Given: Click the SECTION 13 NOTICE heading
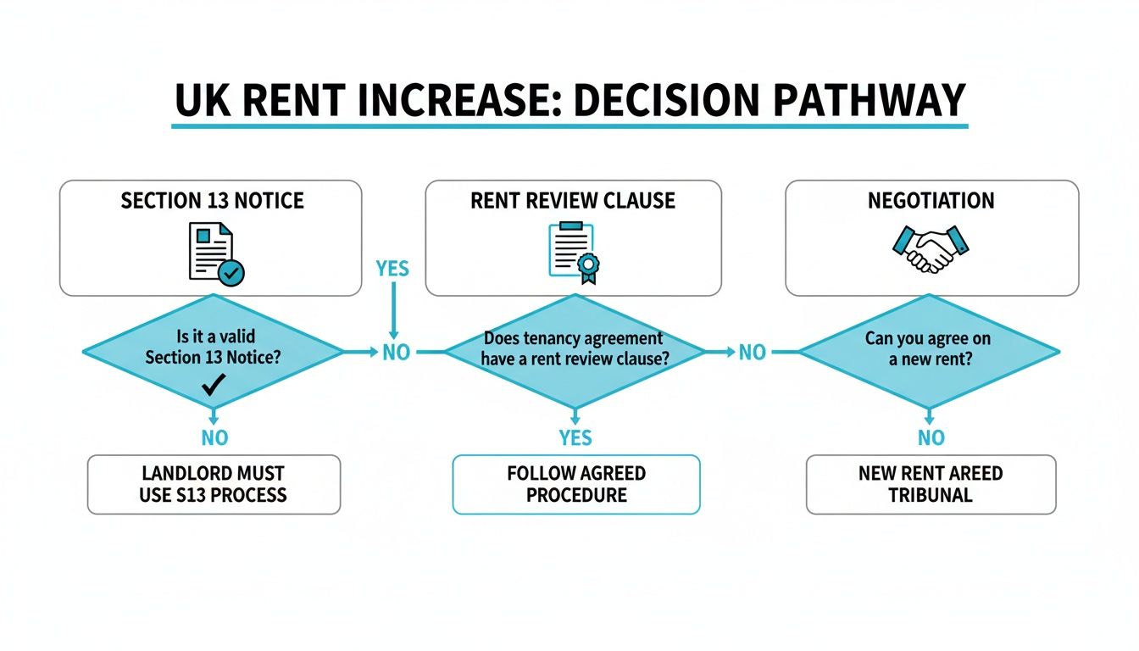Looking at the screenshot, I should [x=212, y=201].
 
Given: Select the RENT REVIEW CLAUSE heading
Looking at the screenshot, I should [x=574, y=201].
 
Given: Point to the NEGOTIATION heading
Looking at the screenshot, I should [x=931, y=201].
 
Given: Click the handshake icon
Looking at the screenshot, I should [x=931, y=248].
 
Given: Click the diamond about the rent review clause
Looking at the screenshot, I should [x=574, y=350].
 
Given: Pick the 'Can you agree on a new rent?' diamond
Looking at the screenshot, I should [x=928, y=350].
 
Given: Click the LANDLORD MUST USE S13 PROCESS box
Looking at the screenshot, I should [x=214, y=484].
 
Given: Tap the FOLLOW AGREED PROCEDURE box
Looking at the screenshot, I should [x=576, y=484].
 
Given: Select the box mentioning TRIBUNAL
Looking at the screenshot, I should [x=931, y=484].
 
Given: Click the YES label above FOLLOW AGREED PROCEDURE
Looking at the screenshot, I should [x=575, y=437].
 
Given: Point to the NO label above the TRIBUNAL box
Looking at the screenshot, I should [x=931, y=437].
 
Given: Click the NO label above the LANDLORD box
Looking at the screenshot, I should [x=214, y=437].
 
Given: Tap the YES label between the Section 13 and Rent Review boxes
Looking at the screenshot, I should [x=392, y=270].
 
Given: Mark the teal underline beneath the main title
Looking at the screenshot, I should [x=569, y=126].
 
